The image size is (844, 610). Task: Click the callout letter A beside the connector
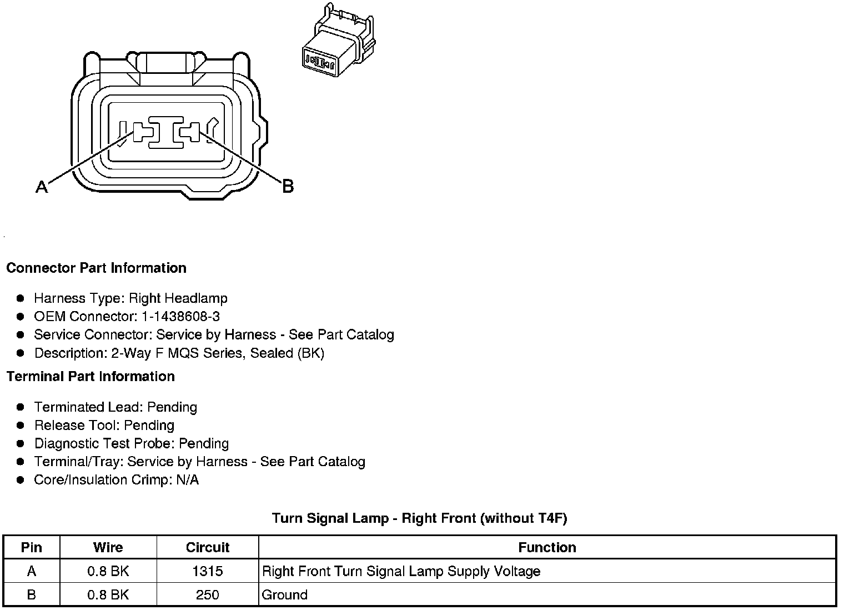point(42,187)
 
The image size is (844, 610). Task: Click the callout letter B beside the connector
point(288,186)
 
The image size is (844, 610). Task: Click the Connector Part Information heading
point(96,268)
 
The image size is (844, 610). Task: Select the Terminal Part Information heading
point(91,376)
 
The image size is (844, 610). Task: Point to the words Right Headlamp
point(178,298)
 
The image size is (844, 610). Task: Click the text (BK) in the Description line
point(311,353)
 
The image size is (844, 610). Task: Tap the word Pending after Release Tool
point(149,426)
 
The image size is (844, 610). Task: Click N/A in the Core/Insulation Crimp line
point(187,480)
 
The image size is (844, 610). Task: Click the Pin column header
point(32,547)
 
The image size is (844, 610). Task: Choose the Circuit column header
point(208,547)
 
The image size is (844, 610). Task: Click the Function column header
point(547,547)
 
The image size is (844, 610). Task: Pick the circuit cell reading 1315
point(208,571)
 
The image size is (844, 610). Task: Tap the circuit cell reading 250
point(208,595)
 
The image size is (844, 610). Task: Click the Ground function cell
point(284,595)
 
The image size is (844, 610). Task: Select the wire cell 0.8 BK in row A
point(108,571)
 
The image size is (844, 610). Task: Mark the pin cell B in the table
point(32,595)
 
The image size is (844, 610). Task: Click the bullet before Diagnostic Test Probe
point(21,444)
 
